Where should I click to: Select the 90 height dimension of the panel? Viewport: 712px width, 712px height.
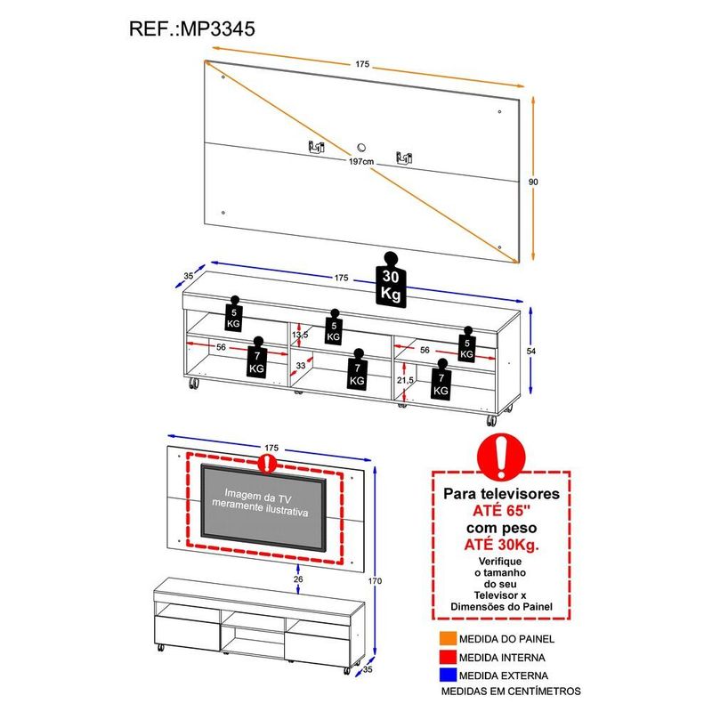533,182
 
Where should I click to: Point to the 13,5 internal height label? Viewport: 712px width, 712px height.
301,335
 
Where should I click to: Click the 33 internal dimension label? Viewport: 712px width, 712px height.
301,365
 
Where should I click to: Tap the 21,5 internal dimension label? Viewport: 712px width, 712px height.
405,380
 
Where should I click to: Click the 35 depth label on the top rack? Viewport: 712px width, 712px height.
189,276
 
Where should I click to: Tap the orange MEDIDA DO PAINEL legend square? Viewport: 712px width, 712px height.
445,639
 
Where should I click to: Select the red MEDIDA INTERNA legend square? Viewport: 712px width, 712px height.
445,658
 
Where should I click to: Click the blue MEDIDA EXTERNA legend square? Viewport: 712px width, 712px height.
445,676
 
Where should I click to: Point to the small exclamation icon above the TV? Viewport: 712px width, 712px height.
265,463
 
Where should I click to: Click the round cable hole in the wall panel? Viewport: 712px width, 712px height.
362,148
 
